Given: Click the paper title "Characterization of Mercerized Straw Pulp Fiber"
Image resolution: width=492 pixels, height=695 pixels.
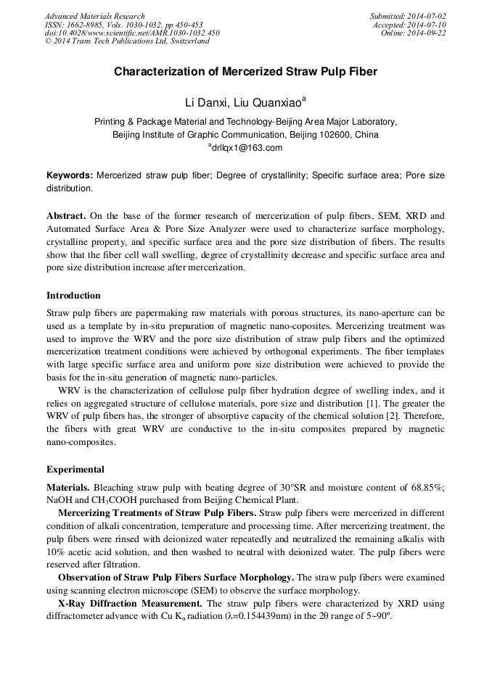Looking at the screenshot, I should pyautogui.click(x=245, y=72).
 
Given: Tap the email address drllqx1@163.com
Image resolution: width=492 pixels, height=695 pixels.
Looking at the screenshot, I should pyautogui.click(x=247, y=148).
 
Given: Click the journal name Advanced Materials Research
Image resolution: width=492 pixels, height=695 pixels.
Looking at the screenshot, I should pyautogui.click(x=95, y=16).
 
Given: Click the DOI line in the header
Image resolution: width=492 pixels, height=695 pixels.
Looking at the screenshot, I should pyautogui.click(x=132, y=33).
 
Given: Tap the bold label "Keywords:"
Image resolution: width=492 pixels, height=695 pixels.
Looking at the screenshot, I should pyautogui.click(x=70, y=176).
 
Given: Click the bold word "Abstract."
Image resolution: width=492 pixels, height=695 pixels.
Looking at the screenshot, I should pyautogui.click(x=67, y=217).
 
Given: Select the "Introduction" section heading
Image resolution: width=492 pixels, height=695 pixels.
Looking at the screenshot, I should pyautogui.click(x=73, y=296).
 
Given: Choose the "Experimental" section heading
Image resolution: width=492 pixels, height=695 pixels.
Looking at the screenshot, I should pyautogui.click(x=75, y=470).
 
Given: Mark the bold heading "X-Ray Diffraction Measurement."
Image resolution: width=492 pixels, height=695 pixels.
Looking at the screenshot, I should pyautogui.click(x=130, y=603).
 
